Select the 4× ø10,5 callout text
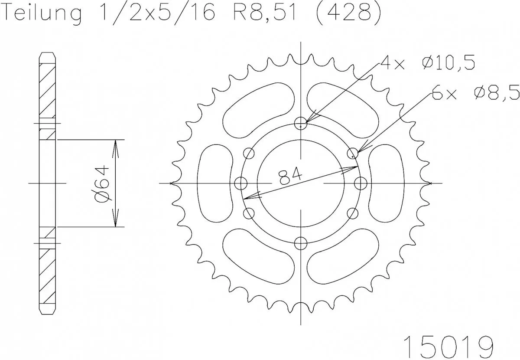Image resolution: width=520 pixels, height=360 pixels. pos(427,63)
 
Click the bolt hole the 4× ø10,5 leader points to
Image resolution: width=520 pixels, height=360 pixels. pos(301,124)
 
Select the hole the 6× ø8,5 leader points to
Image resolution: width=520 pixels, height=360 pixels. pos(353,153)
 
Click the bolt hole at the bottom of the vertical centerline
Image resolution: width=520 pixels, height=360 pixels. pos(301,243)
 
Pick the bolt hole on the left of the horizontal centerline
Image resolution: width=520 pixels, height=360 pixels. pos(240,183)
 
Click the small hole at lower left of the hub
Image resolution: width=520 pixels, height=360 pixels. pos(249,213)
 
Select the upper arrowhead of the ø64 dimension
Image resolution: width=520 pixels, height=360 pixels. pos(115,145)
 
